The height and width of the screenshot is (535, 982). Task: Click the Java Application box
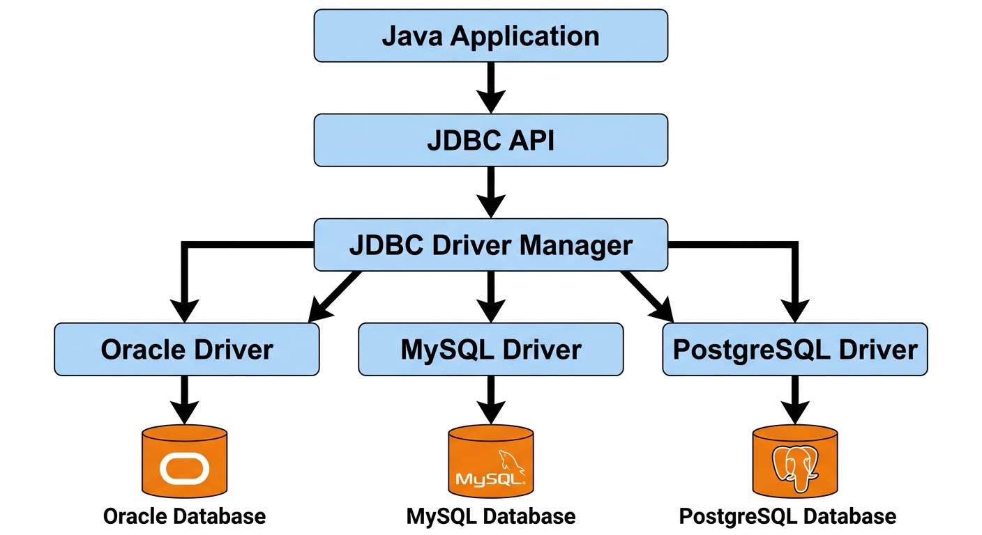(490, 36)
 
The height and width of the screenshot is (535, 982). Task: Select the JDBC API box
(490, 141)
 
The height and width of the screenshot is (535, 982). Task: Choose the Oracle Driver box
(186, 349)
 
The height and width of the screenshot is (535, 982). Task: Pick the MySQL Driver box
(490, 349)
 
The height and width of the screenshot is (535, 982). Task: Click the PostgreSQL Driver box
(794, 349)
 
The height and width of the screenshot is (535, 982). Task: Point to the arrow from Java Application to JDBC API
(490, 87)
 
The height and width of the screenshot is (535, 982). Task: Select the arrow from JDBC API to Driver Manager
(490, 192)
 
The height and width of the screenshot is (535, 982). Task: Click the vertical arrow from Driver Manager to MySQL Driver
(490, 296)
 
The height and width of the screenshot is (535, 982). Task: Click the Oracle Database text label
(184, 516)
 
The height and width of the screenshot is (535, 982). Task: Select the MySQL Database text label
(490, 516)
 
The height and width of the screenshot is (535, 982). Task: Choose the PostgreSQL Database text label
(787, 516)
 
